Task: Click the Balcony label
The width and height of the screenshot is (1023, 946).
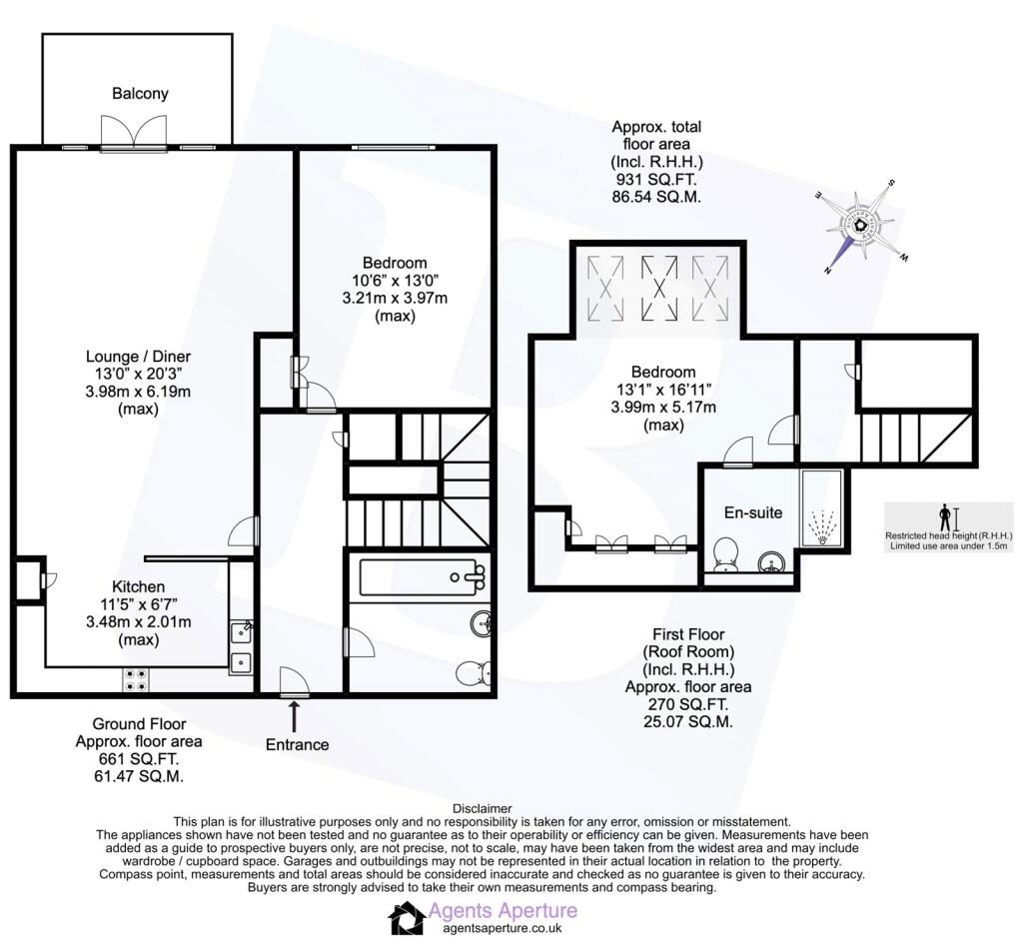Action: tap(140, 93)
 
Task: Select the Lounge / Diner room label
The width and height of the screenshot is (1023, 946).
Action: tap(138, 357)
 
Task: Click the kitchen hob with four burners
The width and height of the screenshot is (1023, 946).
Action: tap(136, 680)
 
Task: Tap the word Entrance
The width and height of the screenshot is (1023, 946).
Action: tap(297, 744)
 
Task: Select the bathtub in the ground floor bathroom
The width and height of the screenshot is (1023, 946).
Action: tap(423, 577)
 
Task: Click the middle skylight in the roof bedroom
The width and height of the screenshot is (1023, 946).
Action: tap(659, 288)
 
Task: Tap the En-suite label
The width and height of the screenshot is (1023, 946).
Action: tap(753, 512)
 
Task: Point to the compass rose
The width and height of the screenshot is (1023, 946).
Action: tap(861, 226)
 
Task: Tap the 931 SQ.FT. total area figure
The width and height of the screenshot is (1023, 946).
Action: tap(656, 180)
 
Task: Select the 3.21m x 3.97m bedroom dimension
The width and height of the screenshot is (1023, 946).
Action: tap(395, 298)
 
